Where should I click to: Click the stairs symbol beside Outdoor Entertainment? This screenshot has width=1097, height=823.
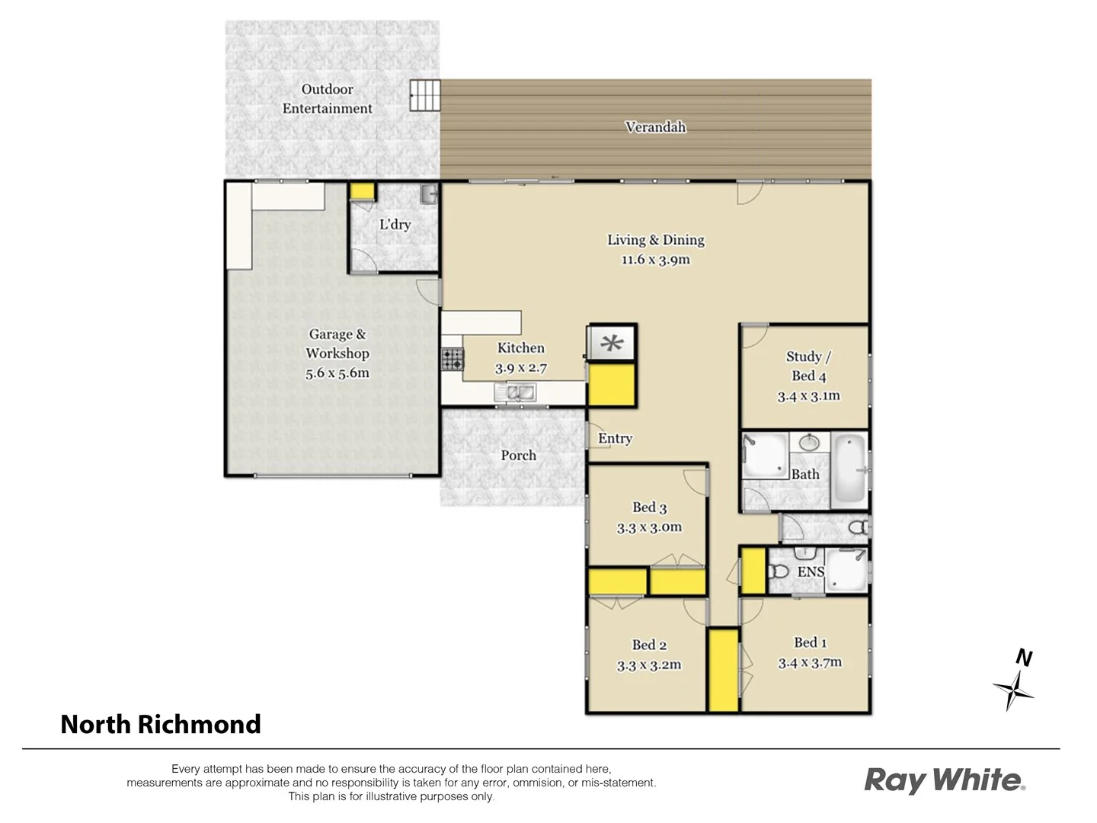(425, 96)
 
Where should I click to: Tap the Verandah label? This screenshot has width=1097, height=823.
(655, 127)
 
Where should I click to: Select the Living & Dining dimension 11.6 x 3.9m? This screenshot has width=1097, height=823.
(655, 260)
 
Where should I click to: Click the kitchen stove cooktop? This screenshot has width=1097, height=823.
(452, 359)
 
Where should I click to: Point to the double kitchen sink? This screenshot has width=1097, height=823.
(515, 392)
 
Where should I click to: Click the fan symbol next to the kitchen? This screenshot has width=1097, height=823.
(611, 344)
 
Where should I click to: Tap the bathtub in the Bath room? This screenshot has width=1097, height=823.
(849, 469)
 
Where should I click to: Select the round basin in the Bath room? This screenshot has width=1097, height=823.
(809, 443)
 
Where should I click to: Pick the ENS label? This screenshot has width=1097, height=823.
(811, 572)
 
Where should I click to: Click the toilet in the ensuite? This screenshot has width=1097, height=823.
(778, 572)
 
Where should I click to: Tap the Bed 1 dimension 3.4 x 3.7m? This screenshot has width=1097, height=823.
(810, 663)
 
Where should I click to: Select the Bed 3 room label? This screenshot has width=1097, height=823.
(649, 508)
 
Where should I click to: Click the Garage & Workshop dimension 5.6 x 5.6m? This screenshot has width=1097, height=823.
(337, 373)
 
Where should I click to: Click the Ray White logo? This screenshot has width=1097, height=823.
(945, 780)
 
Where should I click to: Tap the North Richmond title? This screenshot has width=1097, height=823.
(161, 724)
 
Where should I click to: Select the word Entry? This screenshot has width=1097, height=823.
(615, 439)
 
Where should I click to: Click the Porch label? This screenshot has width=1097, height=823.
(518, 456)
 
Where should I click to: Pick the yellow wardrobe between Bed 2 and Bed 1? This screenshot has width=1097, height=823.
(724, 671)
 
